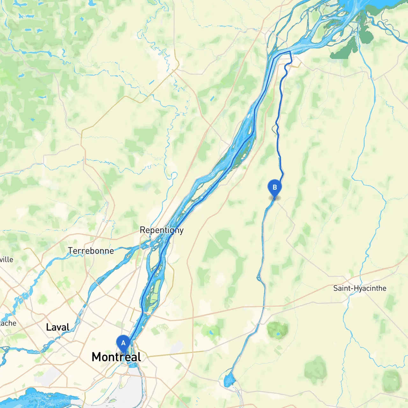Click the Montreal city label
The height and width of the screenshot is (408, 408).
116,357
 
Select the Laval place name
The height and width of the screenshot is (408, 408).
58,327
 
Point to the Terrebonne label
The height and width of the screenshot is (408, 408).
91,251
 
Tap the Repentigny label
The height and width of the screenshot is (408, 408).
162,230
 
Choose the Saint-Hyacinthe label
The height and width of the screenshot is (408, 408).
360,288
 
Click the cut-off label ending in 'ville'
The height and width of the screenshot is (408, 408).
6,259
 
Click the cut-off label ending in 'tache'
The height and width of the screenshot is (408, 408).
8,323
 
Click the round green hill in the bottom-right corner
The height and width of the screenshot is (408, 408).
391,381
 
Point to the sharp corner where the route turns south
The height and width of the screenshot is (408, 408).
290,52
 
